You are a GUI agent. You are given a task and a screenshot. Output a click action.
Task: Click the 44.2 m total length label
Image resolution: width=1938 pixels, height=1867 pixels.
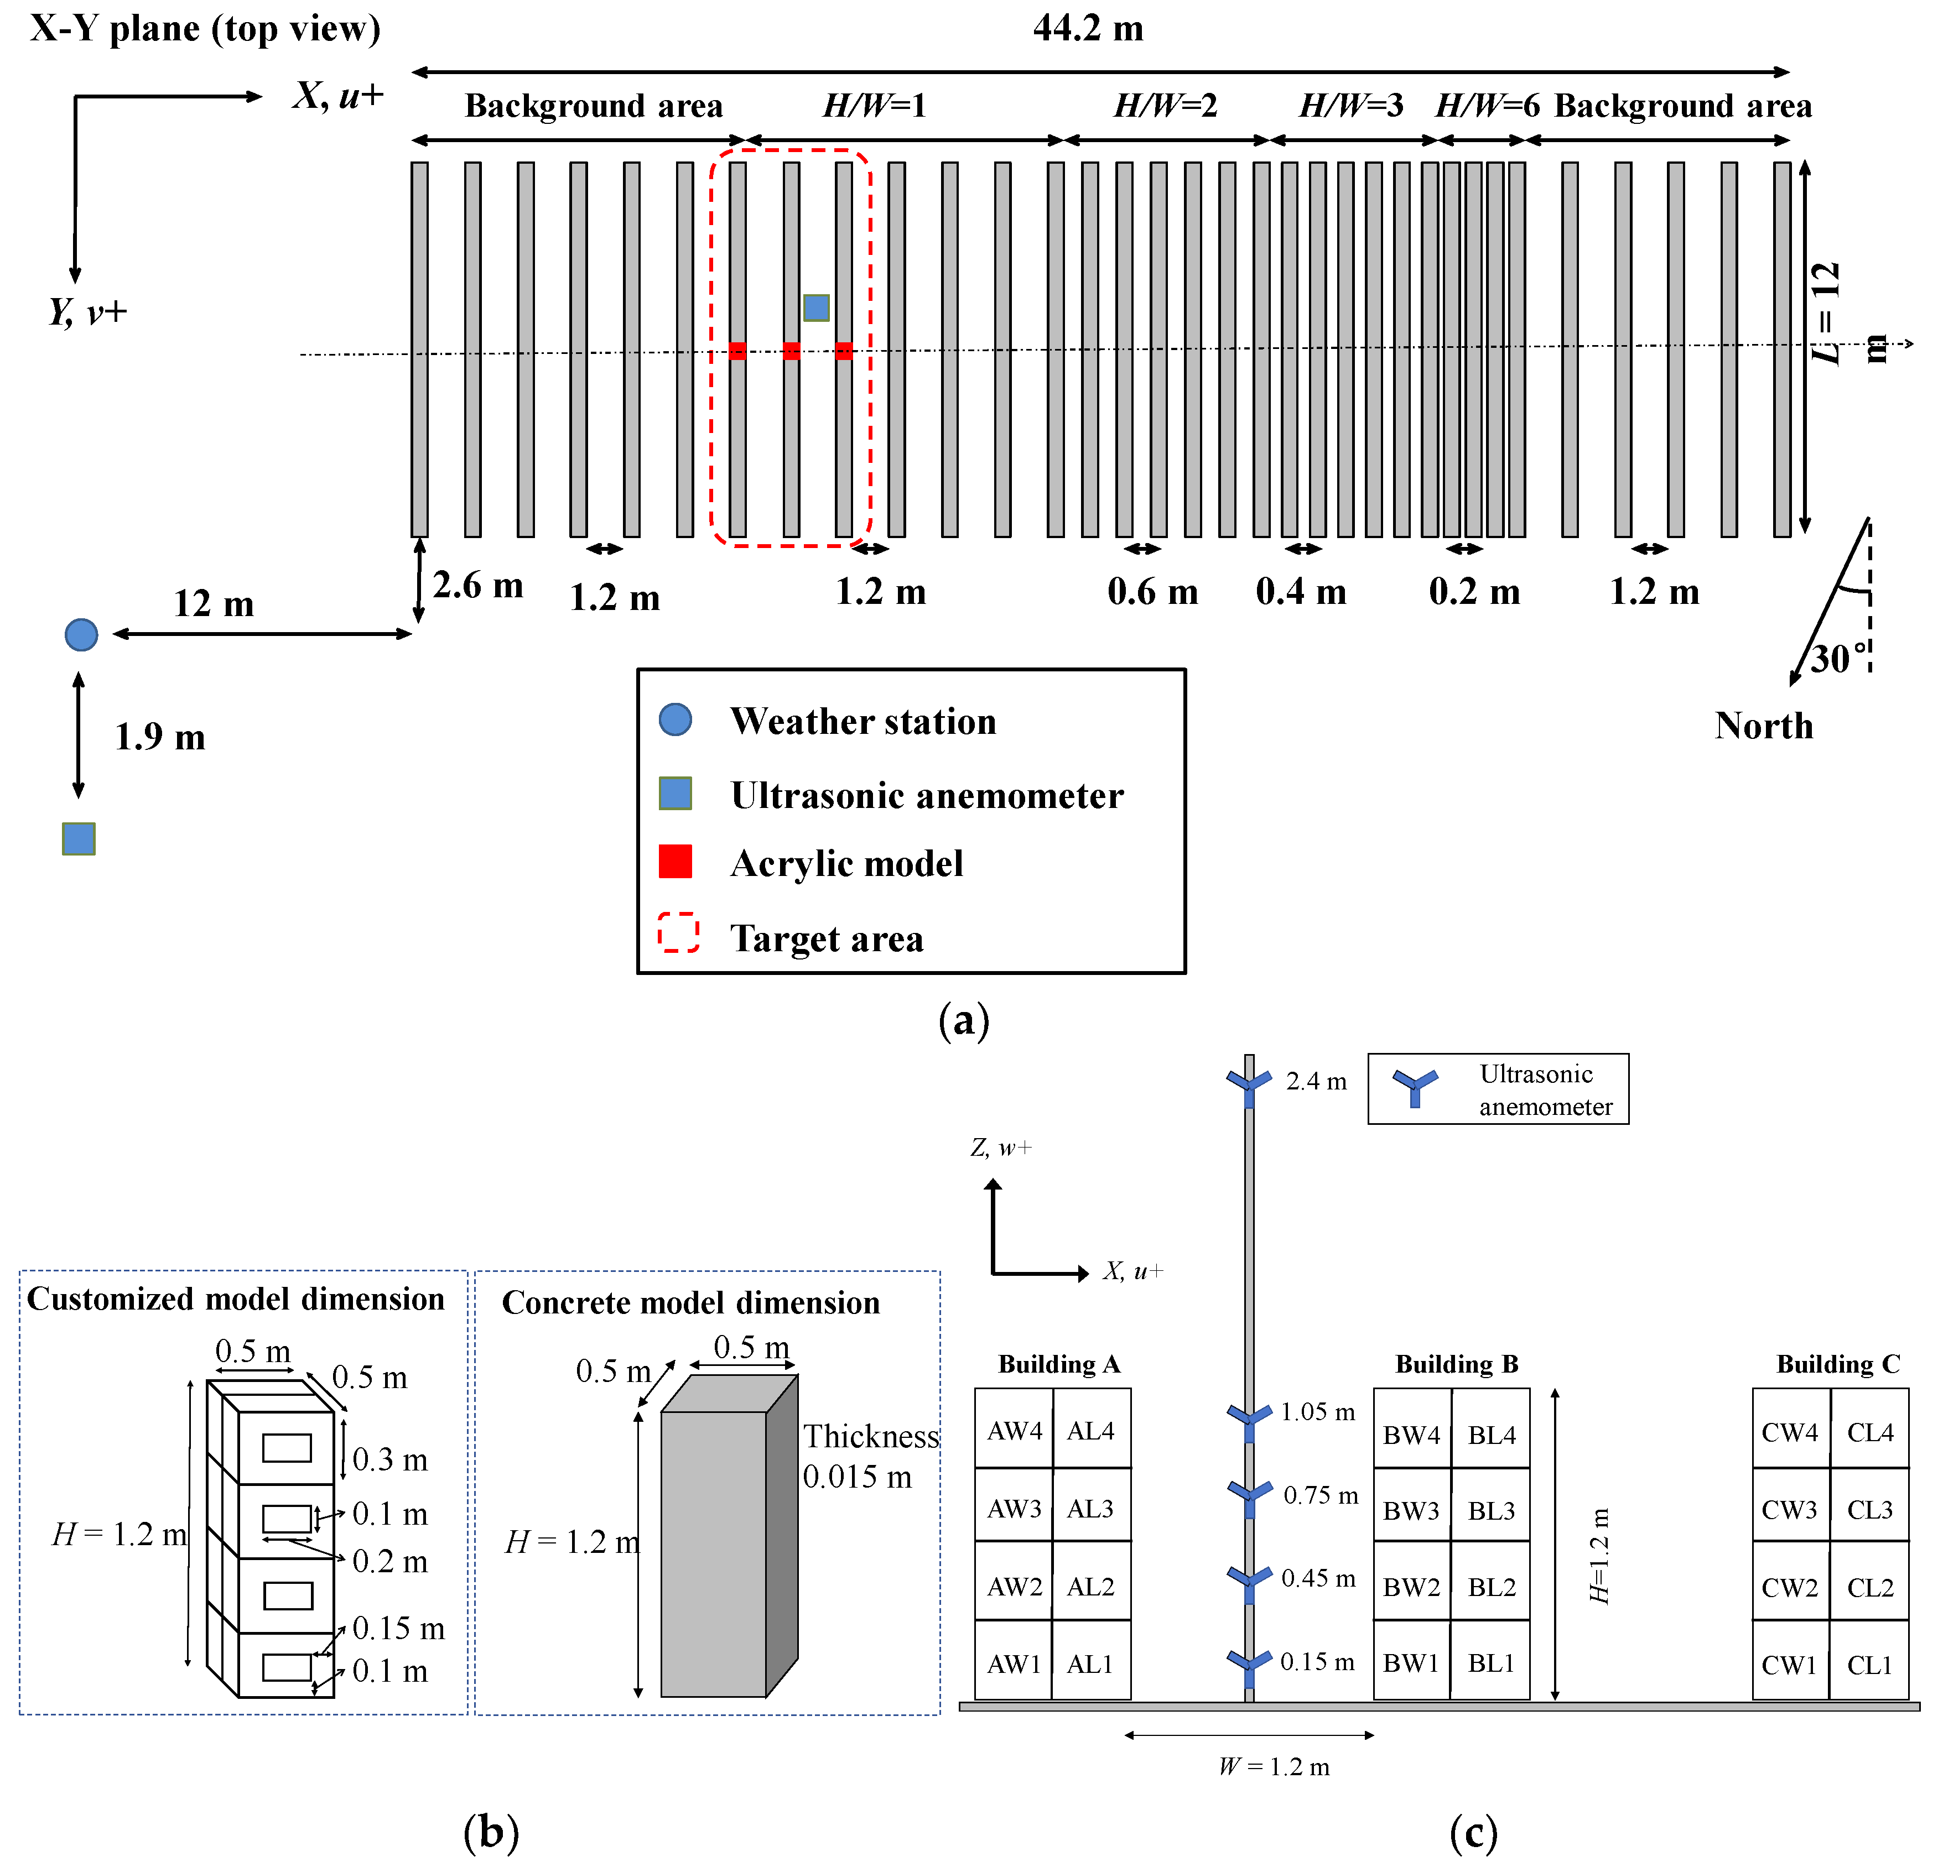[x=1088, y=28]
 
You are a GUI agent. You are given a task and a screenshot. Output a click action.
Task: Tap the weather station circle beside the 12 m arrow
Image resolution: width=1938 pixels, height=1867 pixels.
[x=81, y=634]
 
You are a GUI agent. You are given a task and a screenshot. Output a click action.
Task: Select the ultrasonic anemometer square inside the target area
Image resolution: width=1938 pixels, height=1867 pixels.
[x=815, y=307]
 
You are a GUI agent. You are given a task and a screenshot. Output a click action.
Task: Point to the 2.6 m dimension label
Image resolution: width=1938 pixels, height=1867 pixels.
[x=477, y=585]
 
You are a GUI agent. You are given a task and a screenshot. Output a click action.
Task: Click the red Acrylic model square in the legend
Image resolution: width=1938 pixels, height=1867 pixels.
[x=676, y=861]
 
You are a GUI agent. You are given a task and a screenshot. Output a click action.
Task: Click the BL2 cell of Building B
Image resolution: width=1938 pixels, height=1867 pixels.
[x=1491, y=1586]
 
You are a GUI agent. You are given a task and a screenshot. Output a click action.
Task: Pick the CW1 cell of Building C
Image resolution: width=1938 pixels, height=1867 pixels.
[x=1790, y=1665]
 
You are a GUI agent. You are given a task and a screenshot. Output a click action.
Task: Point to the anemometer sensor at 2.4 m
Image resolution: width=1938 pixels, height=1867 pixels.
[x=1249, y=1084]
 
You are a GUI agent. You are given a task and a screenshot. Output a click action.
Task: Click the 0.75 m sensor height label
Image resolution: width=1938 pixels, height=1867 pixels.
[x=1320, y=1494]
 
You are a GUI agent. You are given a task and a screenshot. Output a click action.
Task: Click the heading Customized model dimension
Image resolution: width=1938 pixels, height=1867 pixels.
[x=235, y=1298]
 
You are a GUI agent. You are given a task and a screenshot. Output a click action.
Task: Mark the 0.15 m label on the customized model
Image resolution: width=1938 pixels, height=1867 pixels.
[x=398, y=1628]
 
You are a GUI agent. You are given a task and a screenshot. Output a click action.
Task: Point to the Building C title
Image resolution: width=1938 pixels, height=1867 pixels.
[x=1838, y=1364]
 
